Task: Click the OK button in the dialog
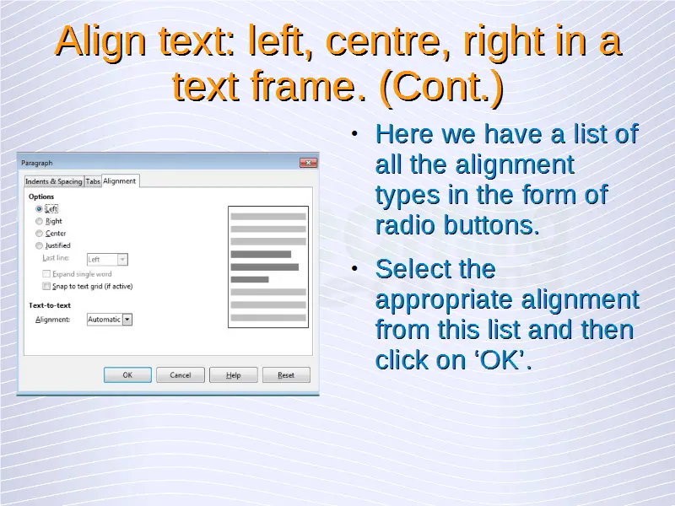coord(127,374)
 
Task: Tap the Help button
coord(234,374)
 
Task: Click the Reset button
coord(286,374)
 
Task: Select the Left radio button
coord(39,209)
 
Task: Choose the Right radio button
coord(39,221)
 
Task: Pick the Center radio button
coord(39,234)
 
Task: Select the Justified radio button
coord(39,245)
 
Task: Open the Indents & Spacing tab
coord(54,181)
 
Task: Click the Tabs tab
coord(93,181)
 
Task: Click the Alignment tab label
coord(119,180)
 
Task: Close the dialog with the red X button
coord(308,163)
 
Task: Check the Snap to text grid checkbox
coord(46,286)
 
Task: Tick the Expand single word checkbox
coord(46,273)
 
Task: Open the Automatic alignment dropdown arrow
coord(127,320)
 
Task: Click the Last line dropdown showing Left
coord(107,260)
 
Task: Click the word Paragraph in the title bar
coord(37,163)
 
